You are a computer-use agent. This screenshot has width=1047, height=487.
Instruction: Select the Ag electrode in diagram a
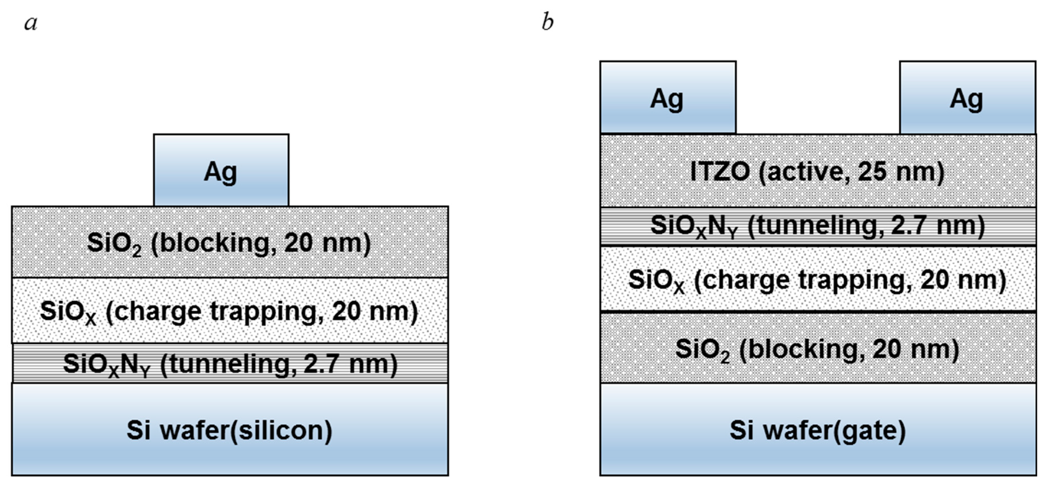(x=221, y=170)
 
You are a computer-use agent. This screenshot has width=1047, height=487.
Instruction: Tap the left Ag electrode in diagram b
(x=668, y=98)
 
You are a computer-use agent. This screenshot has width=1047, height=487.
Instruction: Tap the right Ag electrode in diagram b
(x=967, y=98)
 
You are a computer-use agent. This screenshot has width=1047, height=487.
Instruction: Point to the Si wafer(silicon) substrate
(x=230, y=430)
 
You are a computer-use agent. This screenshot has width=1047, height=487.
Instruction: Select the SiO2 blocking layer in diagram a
(x=230, y=243)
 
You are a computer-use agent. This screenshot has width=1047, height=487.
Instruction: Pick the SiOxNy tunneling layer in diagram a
(x=230, y=363)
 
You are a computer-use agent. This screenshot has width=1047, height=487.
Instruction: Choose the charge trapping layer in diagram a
(x=230, y=311)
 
